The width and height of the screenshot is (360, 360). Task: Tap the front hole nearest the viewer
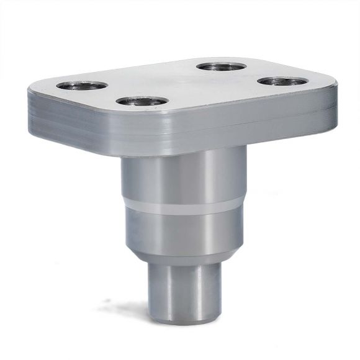tap(142, 101)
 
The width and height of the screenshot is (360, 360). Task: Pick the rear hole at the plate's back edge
tap(220, 66)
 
